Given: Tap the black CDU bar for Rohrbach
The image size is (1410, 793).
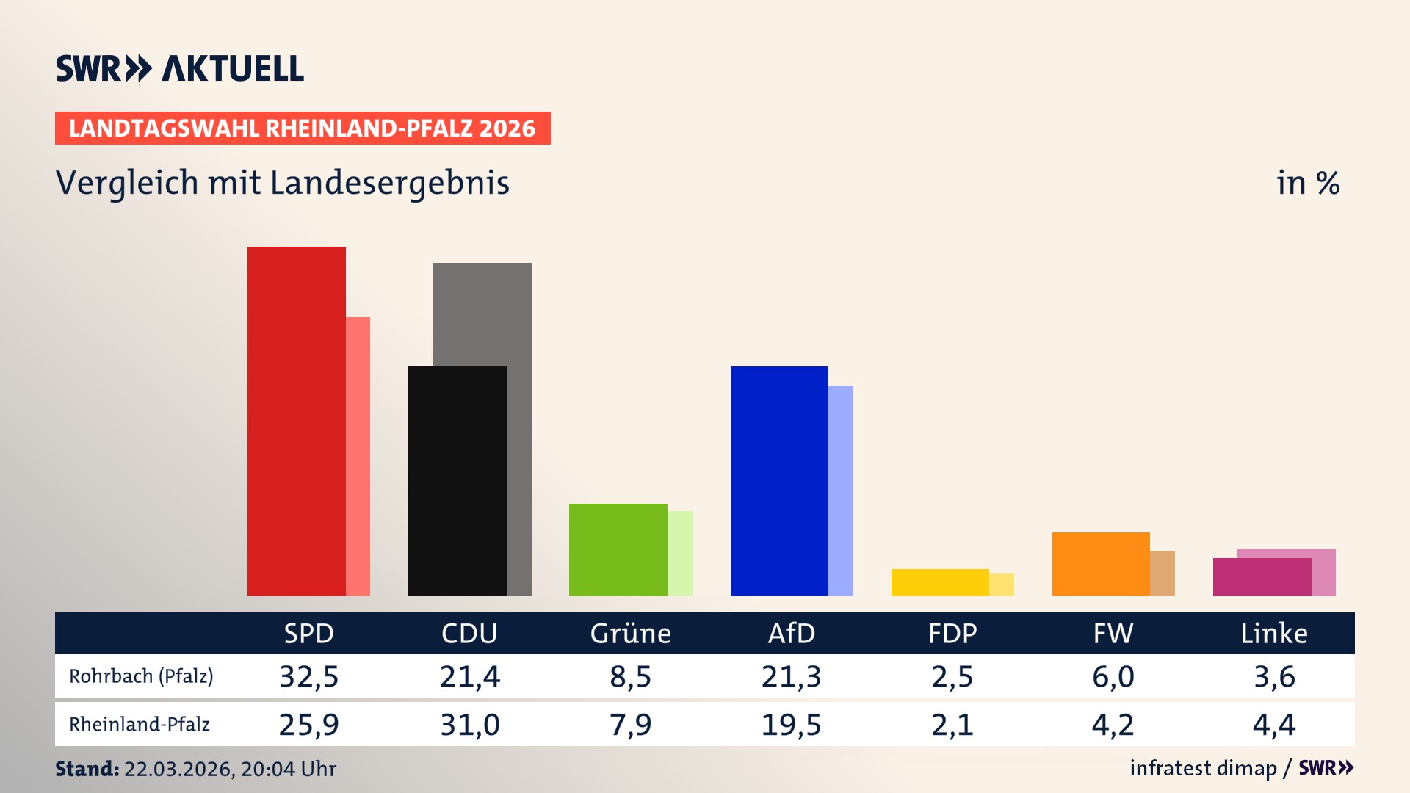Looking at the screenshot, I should click(x=457, y=481).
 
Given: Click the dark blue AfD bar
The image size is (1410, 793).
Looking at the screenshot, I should click(x=778, y=481).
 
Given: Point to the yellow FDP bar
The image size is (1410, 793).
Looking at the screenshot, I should click(x=939, y=582).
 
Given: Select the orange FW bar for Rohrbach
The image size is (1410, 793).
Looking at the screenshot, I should click(x=1100, y=564).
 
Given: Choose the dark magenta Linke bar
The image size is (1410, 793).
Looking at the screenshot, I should click(x=1261, y=577).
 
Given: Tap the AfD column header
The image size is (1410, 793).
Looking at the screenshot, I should click(x=791, y=634).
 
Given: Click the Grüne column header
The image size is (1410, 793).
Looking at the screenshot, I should click(x=630, y=634).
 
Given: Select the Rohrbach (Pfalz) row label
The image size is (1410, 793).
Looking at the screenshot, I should click(x=141, y=676).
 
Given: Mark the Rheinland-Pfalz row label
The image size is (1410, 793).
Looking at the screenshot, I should click(x=140, y=725).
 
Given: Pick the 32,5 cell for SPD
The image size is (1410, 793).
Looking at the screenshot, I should click(x=308, y=676).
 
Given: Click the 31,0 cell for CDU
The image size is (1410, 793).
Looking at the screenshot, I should click(x=469, y=725).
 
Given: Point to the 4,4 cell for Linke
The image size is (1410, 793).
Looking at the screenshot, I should click(x=1273, y=725).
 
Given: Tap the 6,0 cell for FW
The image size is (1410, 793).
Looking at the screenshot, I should click(x=1113, y=676).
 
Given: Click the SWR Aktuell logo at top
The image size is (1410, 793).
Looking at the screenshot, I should click(x=179, y=68).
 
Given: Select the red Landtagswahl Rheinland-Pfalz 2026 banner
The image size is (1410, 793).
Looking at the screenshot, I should click(x=302, y=128).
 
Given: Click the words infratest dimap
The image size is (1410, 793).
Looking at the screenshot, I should click(x=1203, y=768).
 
